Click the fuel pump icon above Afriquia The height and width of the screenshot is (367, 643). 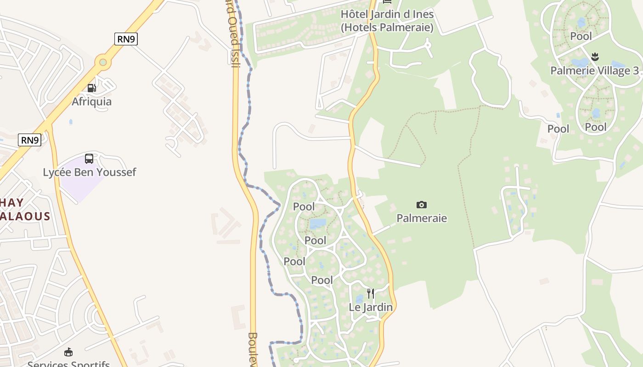click(x=91, y=88)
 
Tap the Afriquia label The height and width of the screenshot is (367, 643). click(x=91, y=101)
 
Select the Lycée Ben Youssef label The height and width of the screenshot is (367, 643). click(x=90, y=172)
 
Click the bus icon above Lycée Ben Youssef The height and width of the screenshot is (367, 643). click(x=89, y=159)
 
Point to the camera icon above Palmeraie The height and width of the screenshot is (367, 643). click(x=421, y=205)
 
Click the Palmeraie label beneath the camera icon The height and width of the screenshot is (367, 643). click(x=422, y=218)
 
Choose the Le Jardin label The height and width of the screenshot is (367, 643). click(x=371, y=307)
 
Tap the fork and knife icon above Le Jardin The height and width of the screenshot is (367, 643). click(x=371, y=294)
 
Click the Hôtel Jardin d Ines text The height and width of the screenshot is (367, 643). click(x=387, y=14)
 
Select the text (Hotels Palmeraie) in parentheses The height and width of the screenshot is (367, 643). click(x=387, y=28)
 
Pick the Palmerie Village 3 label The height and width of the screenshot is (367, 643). click(x=594, y=71)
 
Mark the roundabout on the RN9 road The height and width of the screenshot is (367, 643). click(x=103, y=61)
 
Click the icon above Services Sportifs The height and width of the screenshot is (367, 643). click(x=68, y=352)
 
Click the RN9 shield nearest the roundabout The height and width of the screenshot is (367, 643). click(x=126, y=39)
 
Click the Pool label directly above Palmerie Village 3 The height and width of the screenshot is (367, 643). click(x=581, y=36)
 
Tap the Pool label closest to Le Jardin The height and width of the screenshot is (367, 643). click(x=322, y=280)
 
